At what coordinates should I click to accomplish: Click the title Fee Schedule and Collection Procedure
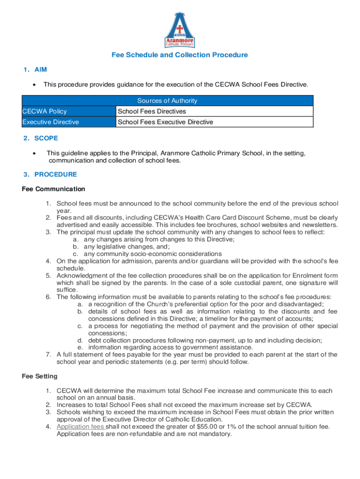180,55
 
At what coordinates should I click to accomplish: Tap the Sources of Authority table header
167,101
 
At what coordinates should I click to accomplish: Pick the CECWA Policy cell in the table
44,111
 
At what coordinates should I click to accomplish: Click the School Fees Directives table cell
151,111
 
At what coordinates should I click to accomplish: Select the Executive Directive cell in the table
50,122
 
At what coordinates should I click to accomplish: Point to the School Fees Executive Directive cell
165,122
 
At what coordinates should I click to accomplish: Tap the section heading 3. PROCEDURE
50,174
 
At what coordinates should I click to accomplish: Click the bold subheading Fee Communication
53,189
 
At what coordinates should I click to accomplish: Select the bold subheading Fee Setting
40,376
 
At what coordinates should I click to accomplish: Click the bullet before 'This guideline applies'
34,153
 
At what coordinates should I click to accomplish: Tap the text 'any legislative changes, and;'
127,247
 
